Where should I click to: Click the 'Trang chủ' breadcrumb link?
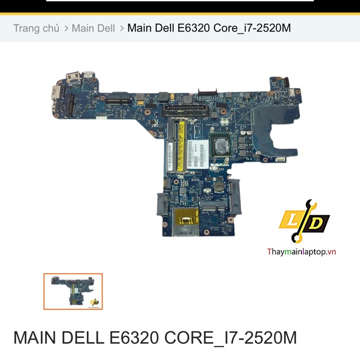pos(36,28)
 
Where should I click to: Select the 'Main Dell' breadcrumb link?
pos(93,28)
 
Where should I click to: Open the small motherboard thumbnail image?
pos(73,291)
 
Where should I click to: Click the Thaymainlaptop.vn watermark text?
pos(301,251)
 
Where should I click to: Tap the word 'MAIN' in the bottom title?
pos(35,337)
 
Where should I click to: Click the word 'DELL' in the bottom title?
pos(83,337)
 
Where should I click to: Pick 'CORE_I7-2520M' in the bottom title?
pos(231,337)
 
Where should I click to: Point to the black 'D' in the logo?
pos(317,223)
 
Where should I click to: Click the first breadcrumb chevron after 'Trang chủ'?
pos(66,28)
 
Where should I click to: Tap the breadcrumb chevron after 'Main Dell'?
pos(121,28)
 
